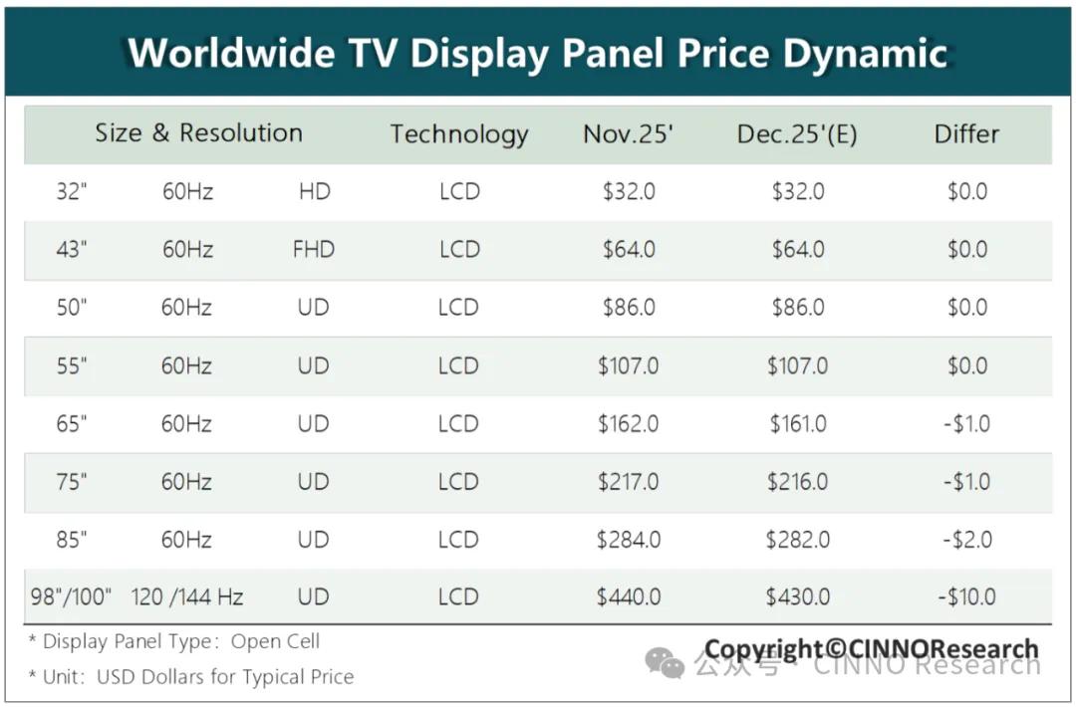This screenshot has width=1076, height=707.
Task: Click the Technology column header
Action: click(x=458, y=134)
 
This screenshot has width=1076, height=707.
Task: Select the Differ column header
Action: click(x=966, y=134)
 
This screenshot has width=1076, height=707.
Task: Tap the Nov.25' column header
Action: click(x=629, y=134)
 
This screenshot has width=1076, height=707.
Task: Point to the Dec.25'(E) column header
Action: click(x=797, y=134)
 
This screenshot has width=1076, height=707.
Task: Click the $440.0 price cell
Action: click(x=629, y=597)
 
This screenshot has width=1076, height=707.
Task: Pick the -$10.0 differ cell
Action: click(x=966, y=597)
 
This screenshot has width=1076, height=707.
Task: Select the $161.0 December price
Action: click(x=798, y=424)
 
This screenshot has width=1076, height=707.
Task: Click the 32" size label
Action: click(x=72, y=191)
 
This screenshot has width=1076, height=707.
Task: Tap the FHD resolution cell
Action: click(x=313, y=249)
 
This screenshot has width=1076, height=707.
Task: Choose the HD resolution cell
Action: click(x=314, y=191)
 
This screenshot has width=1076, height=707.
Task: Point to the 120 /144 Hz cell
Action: click(x=187, y=597)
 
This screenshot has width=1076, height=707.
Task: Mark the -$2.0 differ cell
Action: click(x=966, y=540)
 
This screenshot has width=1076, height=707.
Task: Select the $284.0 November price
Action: click(x=629, y=540)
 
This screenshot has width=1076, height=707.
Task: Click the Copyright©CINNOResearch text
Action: click(x=871, y=650)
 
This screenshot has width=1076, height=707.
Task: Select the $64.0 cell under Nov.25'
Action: click(x=629, y=249)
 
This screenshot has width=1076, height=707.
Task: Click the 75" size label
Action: click(x=72, y=482)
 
